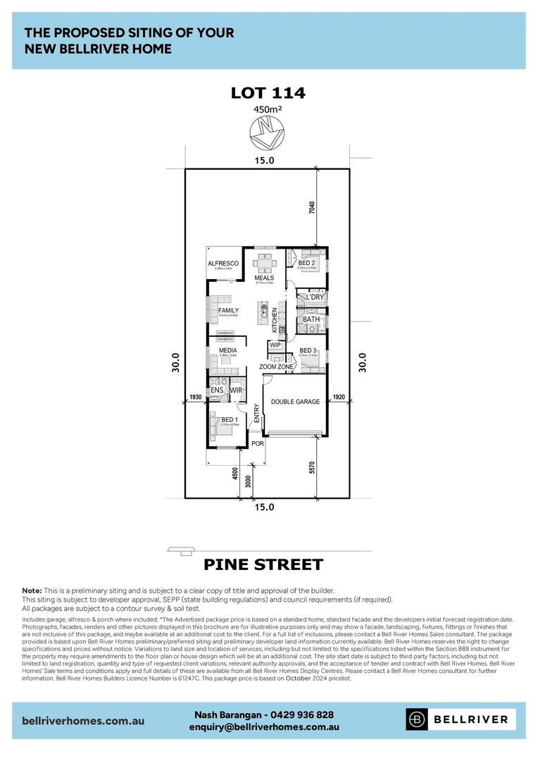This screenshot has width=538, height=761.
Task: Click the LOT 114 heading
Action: click(268, 93)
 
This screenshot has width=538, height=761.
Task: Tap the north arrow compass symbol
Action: click(266, 132)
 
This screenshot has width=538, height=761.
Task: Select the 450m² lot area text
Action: click(268, 109)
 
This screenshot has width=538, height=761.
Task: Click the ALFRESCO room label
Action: click(223, 264)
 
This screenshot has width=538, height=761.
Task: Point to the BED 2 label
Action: click(306, 263)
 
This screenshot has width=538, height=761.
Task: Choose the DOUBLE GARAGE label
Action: click(296, 402)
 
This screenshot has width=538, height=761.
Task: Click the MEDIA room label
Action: click(227, 350)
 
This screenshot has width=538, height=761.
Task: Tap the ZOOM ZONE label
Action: click(276, 367)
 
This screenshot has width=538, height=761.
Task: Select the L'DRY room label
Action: click(314, 297)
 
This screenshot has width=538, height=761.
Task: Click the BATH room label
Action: click(311, 319)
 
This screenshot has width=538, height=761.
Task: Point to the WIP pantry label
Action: click(275, 345)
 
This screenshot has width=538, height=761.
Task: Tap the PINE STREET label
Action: click(263, 564)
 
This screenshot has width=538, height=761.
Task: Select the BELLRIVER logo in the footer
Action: click(461, 719)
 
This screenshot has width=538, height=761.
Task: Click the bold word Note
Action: click(32, 590)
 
